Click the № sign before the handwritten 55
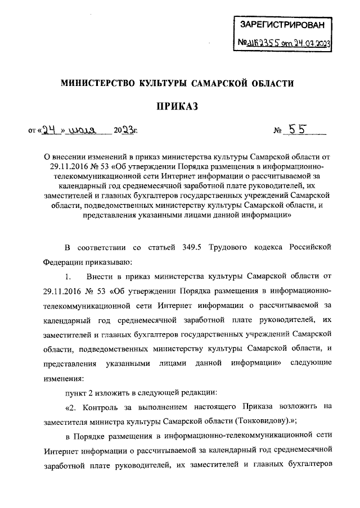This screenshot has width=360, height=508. pos(277,131)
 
